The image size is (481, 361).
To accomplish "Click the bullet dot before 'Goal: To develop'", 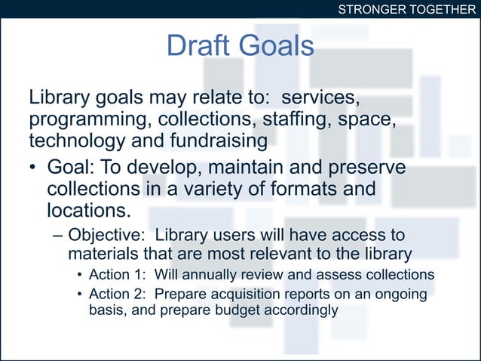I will click(x=34, y=166).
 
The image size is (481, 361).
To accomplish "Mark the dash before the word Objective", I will click(x=59, y=234).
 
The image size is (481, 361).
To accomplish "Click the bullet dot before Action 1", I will click(x=80, y=274).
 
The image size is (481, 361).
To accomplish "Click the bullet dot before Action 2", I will click(x=80, y=294).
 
